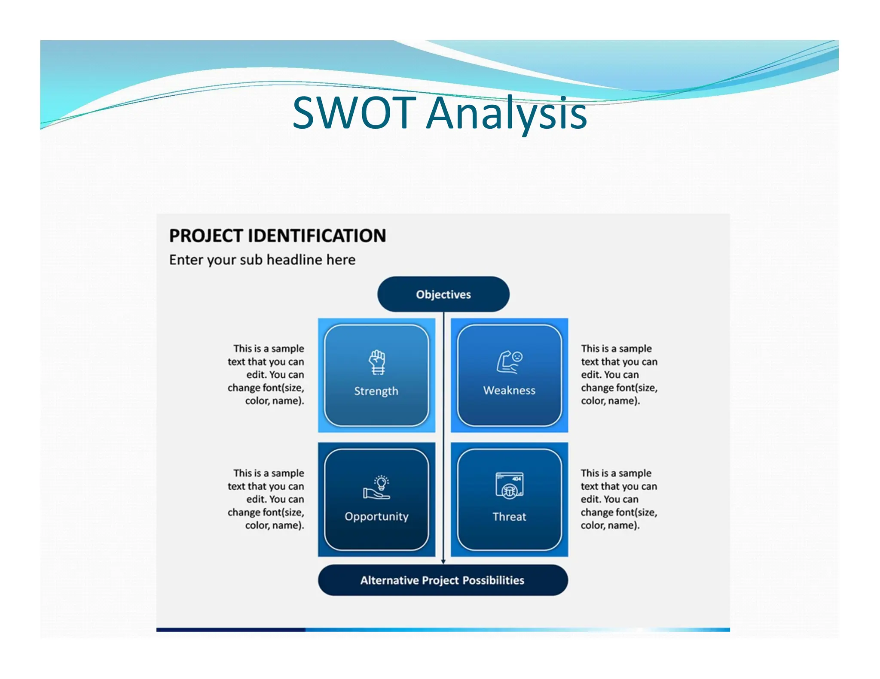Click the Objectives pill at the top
[x=443, y=294]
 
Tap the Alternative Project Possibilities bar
[x=443, y=580]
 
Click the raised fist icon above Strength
[x=377, y=362]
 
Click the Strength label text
[x=376, y=391]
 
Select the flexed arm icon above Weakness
[x=509, y=362]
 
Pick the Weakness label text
[x=509, y=391]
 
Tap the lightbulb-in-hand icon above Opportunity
[x=377, y=488]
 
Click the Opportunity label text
[x=376, y=516]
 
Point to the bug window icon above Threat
[x=509, y=485]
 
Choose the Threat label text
[x=509, y=517]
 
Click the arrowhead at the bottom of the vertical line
[x=443, y=561]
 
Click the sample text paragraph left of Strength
[x=266, y=375]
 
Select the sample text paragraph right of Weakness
[x=619, y=375]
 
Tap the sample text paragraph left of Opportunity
[x=266, y=499]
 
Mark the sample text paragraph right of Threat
[x=618, y=499]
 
